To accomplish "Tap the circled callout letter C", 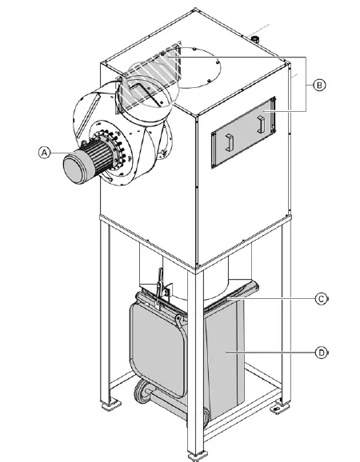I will (320, 299).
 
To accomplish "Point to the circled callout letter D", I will (320, 351).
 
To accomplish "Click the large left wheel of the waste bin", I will (144, 392).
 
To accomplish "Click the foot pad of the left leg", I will (106, 405).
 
